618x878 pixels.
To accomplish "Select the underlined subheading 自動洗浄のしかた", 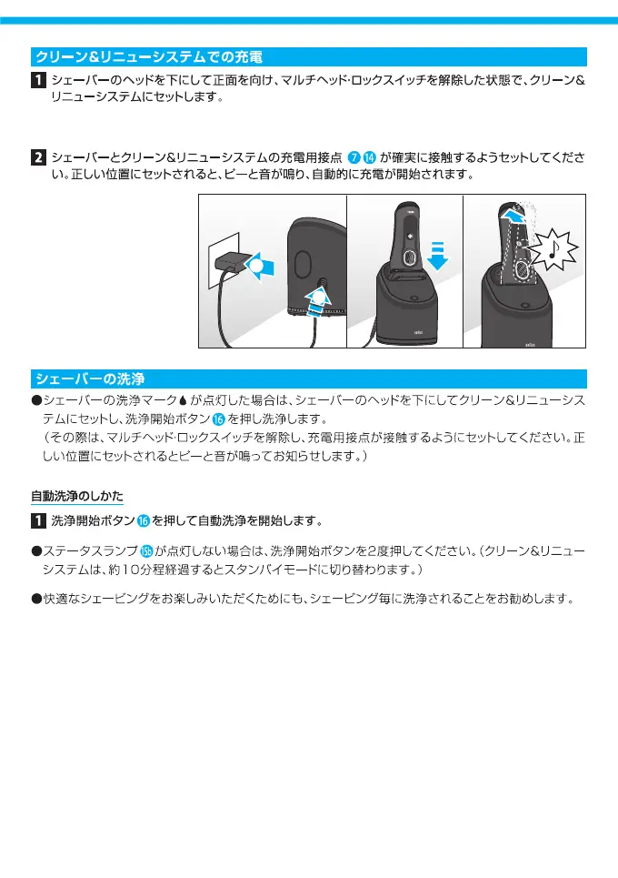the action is tap(76, 496).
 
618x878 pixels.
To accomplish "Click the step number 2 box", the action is tap(39, 156).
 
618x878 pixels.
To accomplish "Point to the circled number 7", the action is tap(354, 156).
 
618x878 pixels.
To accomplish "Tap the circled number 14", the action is tap(369, 156).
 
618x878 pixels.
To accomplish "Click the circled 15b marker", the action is tap(145, 550).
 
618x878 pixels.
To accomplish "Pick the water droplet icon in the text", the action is tap(182, 401).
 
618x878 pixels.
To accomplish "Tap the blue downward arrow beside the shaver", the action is tap(439, 257).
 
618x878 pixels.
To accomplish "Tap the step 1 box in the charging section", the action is tap(39, 81).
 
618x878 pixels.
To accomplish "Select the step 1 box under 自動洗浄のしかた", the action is tap(39, 521).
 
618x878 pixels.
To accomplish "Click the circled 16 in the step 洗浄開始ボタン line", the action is tap(144, 521).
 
